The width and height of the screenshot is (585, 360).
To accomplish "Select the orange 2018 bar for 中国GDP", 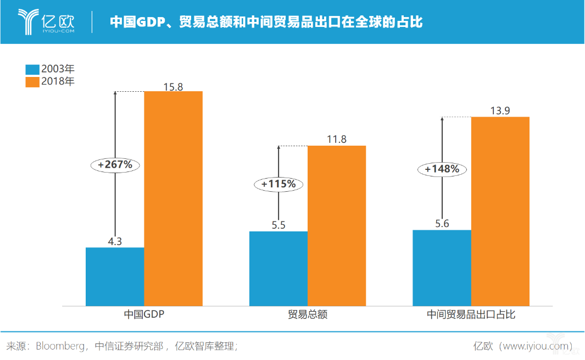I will click(x=173, y=198).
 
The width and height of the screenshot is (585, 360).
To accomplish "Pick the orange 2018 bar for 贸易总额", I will click(x=336, y=225).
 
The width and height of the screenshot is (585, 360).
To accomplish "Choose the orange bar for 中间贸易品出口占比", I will click(x=500, y=211).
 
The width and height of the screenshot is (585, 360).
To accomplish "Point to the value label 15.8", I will click(x=173, y=85).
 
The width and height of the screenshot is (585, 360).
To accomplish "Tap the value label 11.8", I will click(x=336, y=139).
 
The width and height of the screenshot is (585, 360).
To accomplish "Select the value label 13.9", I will click(x=500, y=110).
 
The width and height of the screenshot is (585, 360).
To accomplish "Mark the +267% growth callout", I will click(x=115, y=164).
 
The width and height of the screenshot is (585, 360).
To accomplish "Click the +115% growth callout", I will click(x=278, y=184).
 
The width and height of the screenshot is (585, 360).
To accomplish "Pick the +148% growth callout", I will click(x=442, y=169).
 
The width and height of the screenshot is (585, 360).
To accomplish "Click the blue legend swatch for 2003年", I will click(x=32, y=70).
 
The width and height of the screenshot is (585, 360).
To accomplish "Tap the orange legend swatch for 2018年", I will click(x=32, y=82).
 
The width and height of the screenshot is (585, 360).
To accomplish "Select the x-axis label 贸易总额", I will click(x=307, y=315).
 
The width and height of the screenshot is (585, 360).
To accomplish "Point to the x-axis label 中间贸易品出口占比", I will click(x=471, y=315).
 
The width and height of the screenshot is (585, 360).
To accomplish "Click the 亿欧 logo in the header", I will click(x=46, y=21).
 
